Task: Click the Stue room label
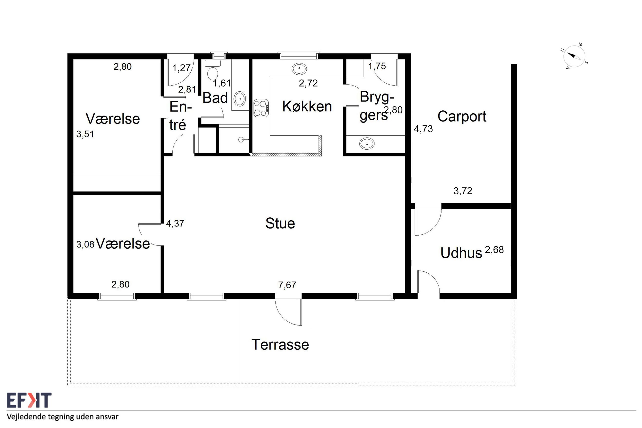coord(280,223)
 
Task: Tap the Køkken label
coord(307,106)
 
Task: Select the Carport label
coord(462,117)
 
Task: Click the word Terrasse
coord(280,345)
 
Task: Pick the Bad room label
coord(215,98)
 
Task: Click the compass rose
coord(574,57)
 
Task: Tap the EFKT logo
coord(29,400)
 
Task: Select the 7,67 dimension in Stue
coord(287,285)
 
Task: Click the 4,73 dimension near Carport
coord(423,129)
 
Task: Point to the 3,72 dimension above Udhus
coord(463,191)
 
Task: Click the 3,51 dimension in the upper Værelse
coord(85,134)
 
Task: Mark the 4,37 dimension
coord(175,224)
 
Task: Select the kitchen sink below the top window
coord(299,68)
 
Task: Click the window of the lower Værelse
coord(117,296)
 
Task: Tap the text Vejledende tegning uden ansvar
coord(63,417)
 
